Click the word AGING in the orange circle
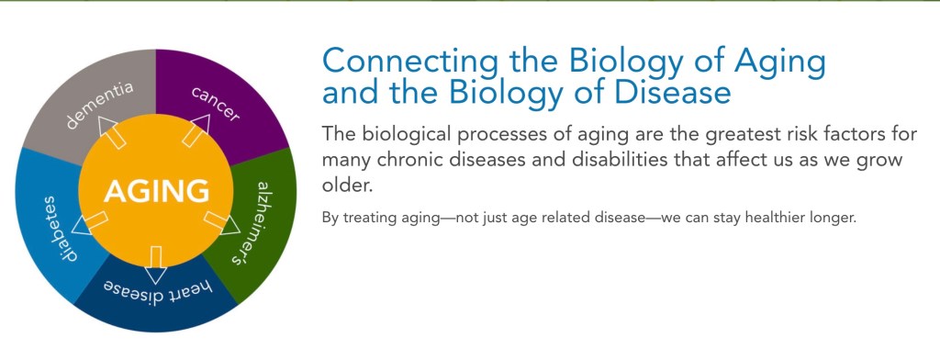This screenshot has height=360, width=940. tap(156, 191)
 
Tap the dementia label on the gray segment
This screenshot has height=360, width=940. tap(98, 106)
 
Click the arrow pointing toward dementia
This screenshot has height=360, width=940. tap(111, 131)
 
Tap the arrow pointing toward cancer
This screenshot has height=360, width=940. tap(196, 129)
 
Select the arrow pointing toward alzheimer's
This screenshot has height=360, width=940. tap(222, 222)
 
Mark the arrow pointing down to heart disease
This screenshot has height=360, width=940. tap(156, 264)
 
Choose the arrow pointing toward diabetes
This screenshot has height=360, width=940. tap(90, 222)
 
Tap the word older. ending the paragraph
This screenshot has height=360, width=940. tap(348, 186)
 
